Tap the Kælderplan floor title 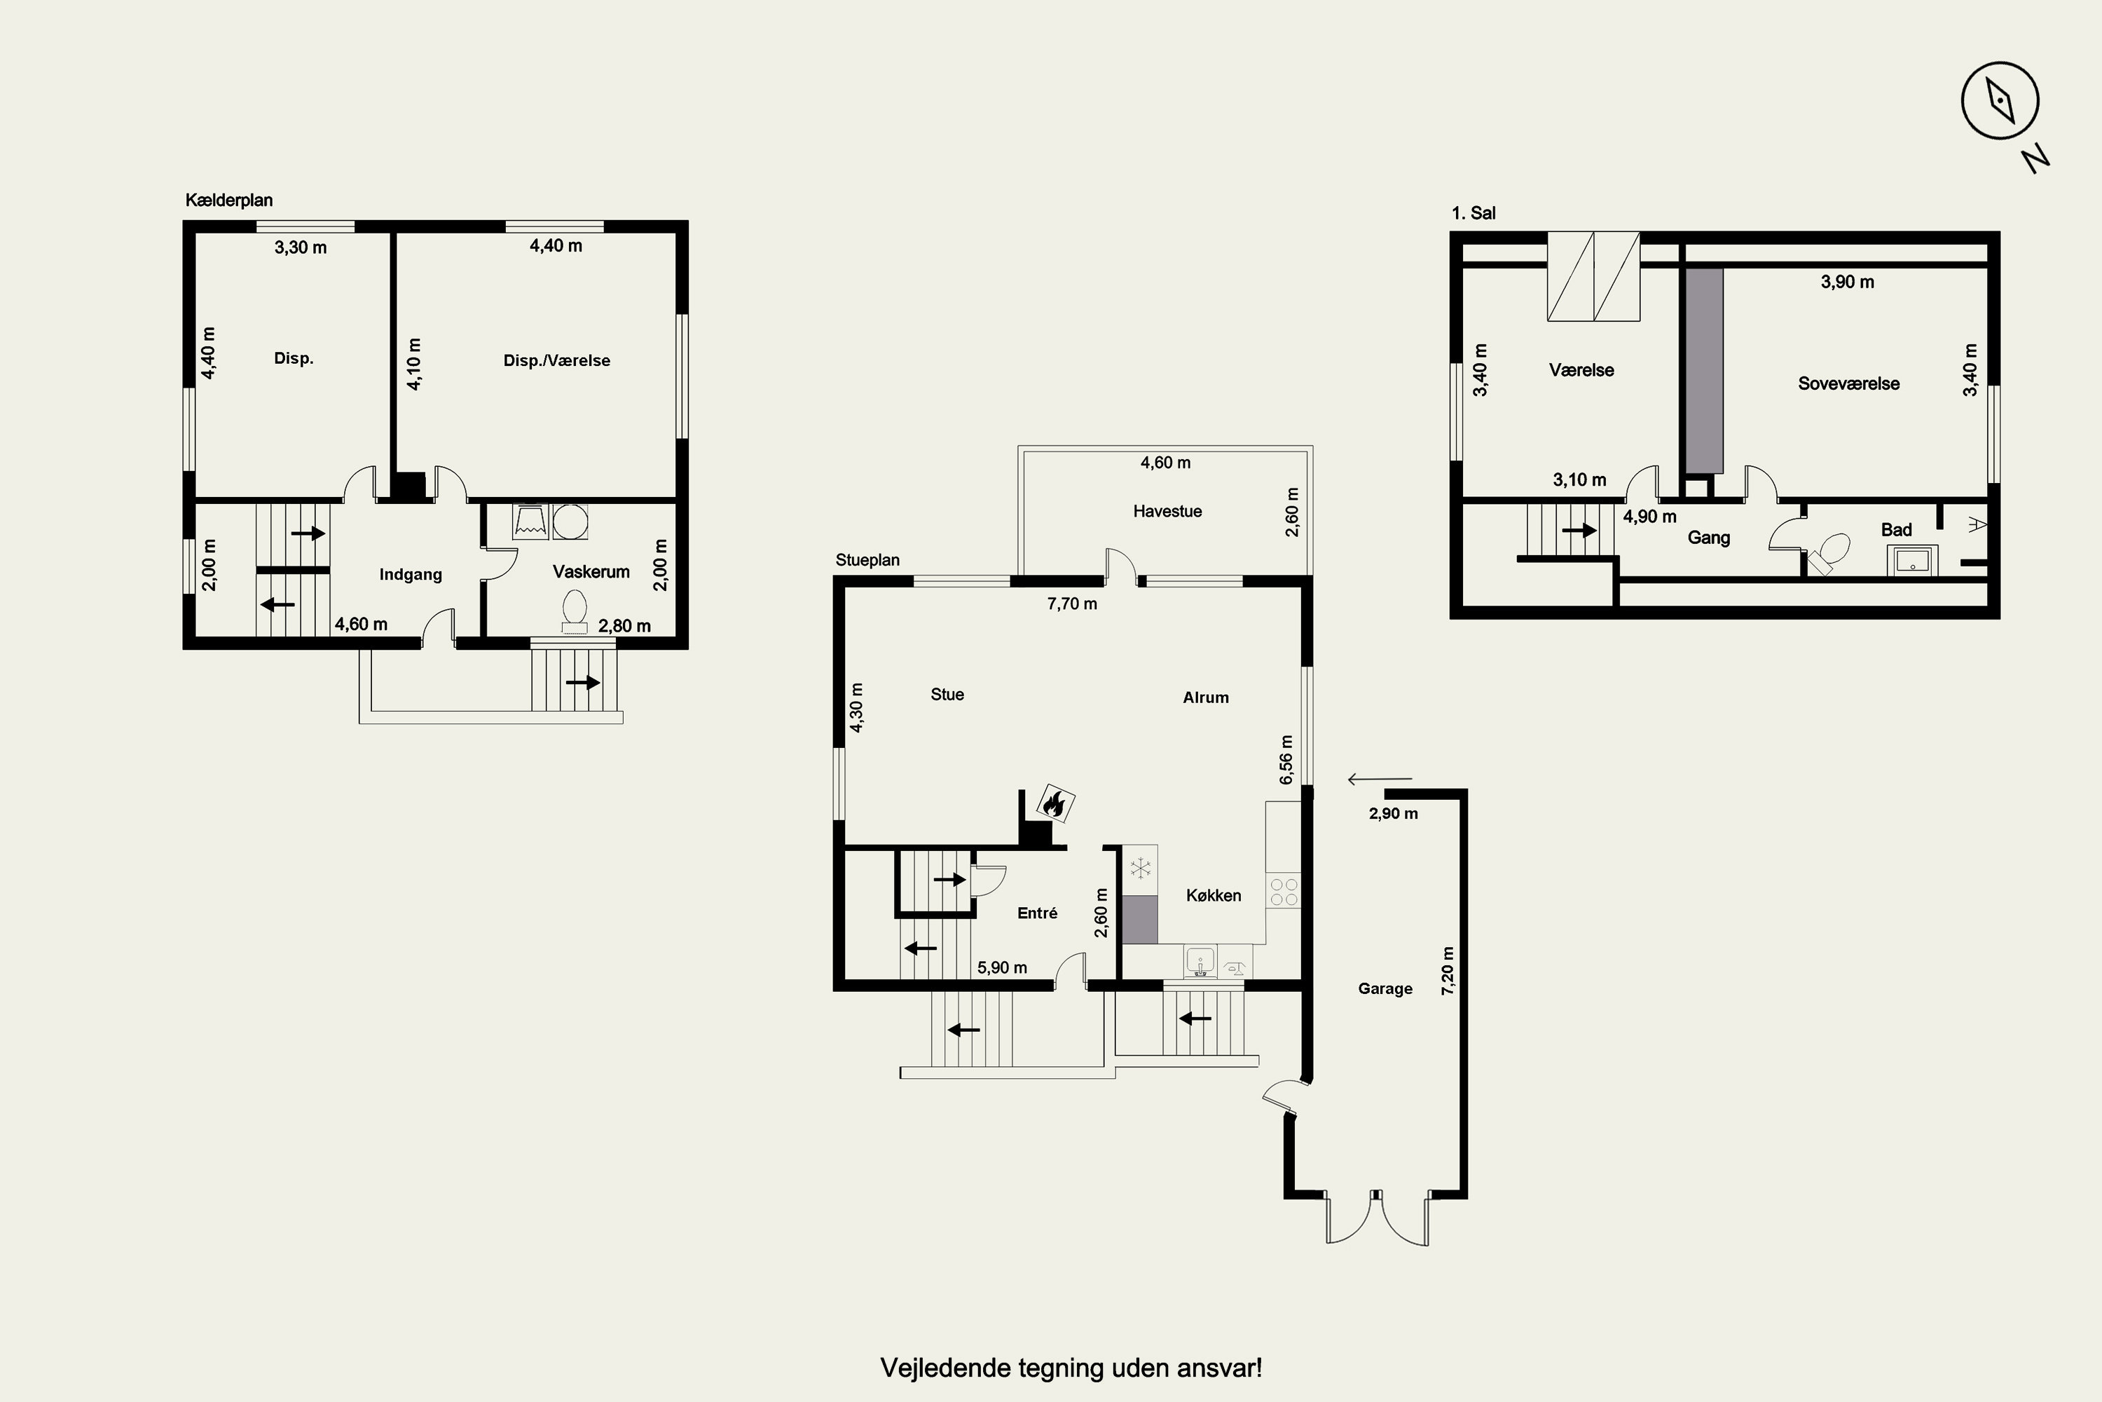pyautogui.click(x=229, y=200)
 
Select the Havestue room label pyautogui.click(x=1167, y=512)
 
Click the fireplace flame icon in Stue pyautogui.click(x=1055, y=804)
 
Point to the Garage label pyautogui.click(x=1385, y=989)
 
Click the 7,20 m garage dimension pyautogui.click(x=1448, y=971)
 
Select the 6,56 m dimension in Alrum pyautogui.click(x=1286, y=760)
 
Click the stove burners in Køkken pyautogui.click(x=1284, y=892)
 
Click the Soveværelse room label pyautogui.click(x=1849, y=383)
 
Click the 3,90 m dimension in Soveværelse pyautogui.click(x=1847, y=283)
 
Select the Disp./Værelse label pyautogui.click(x=557, y=360)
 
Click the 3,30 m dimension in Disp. pyautogui.click(x=301, y=247)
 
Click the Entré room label pyautogui.click(x=1038, y=913)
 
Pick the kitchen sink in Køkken pyautogui.click(x=1200, y=962)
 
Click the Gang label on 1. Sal pyautogui.click(x=1709, y=538)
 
